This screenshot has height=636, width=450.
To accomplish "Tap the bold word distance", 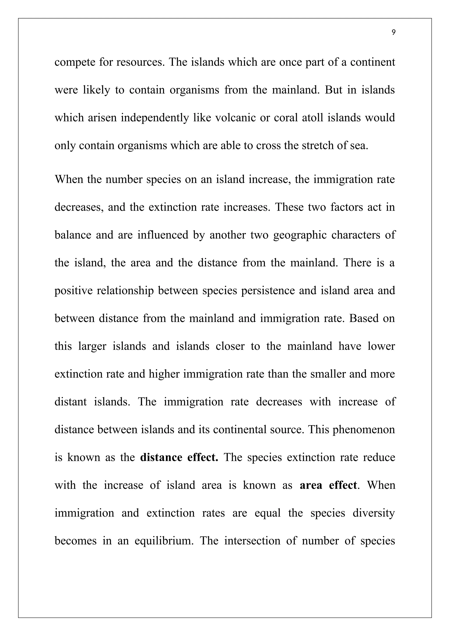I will [x=161, y=457].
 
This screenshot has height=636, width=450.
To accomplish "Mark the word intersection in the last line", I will [x=252, y=541].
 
